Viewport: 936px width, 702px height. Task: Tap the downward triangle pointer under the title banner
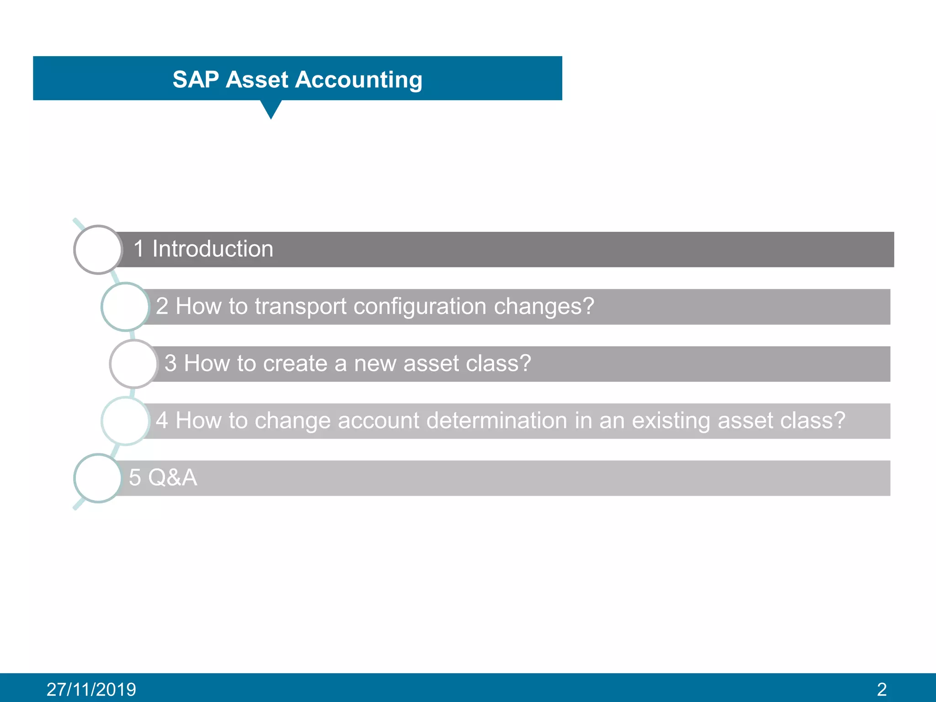pyautogui.click(x=271, y=109)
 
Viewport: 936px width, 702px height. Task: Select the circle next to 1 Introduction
pyautogui.click(x=98, y=250)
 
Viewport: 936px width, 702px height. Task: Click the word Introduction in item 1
pyautogui.click(x=213, y=249)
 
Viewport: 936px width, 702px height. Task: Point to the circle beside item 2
pyautogui.click(x=125, y=307)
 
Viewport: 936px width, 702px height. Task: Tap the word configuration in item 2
pyautogui.click(x=420, y=306)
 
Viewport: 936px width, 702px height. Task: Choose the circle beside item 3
pyautogui.click(x=133, y=364)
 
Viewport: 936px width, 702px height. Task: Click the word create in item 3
pyautogui.click(x=295, y=363)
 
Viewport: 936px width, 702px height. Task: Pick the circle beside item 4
pyautogui.click(x=125, y=421)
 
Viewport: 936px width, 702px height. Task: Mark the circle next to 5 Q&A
pyautogui.click(x=98, y=478)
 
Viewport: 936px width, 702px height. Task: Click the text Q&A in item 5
pyautogui.click(x=172, y=478)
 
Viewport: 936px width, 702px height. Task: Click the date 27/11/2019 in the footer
pyautogui.click(x=91, y=689)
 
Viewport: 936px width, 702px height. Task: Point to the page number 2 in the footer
pyautogui.click(x=882, y=689)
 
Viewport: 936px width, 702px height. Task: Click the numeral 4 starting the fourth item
pyautogui.click(x=162, y=420)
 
